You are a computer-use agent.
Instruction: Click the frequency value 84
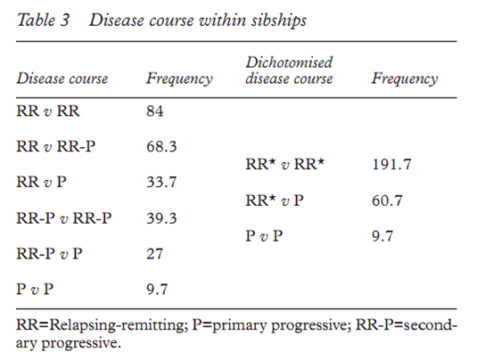155,111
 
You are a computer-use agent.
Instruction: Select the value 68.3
161,147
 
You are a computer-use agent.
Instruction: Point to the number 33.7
161,182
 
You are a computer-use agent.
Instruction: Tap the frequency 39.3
161,218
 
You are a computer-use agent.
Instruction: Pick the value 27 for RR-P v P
155,254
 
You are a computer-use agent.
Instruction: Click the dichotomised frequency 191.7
391,164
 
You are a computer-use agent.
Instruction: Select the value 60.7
387,200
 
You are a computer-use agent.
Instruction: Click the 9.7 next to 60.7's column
382,236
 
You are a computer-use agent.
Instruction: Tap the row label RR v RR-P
56,147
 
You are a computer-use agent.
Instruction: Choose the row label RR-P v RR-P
64,218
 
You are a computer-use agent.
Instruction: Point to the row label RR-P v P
49,254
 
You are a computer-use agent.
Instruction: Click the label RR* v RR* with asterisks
285,164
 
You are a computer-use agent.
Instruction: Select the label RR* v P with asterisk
275,200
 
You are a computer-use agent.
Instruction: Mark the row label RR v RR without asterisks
48,111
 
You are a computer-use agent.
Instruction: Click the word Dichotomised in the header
289,62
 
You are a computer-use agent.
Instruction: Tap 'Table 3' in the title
43,20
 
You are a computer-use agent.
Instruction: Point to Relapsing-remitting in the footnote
117,325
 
